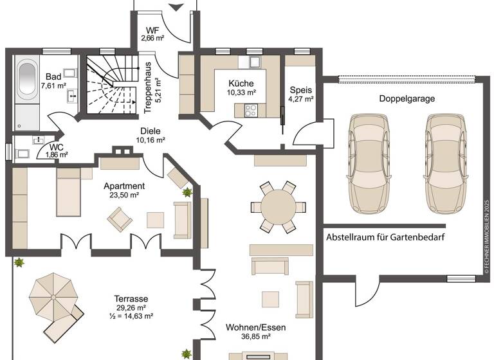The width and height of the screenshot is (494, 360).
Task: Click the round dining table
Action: coord(279,207)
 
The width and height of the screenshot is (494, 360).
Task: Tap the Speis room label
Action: coord(300,89)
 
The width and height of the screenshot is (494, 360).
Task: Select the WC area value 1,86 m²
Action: coord(57,155)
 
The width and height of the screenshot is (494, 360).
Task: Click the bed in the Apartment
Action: coord(68,191)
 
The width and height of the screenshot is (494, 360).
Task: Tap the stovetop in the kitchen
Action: coord(250,111)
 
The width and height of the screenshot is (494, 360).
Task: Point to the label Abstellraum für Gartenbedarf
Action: coord(386,237)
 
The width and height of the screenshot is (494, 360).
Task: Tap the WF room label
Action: coord(152,30)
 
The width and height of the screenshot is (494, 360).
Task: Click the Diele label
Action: coord(151,130)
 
